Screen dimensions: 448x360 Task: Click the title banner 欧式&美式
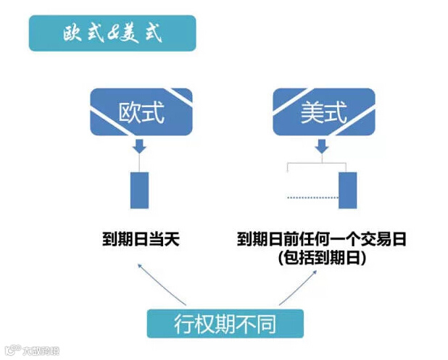pyautogui.click(x=112, y=33)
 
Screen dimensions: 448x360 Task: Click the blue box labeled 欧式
pyautogui.click(x=141, y=112)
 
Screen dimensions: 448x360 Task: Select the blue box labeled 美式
pyautogui.click(x=323, y=112)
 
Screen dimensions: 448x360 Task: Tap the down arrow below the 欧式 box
pyautogui.click(x=139, y=147)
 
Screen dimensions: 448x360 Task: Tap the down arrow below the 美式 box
pyautogui.click(x=323, y=147)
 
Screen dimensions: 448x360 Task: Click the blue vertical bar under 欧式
pyautogui.click(x=139, y=190)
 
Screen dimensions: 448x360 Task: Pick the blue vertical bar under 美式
pyautogui.click(x=347, y=190)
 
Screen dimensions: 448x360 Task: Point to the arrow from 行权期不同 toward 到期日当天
pyautogui.click(x=161, y=283)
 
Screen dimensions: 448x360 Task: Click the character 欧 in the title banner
pyautogui.click(x=72, y=35)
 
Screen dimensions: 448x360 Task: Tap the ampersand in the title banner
pyautogui.click(x=109, y=35)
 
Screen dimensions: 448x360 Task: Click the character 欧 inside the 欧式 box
pyautogui.click(x=130, y=112)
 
